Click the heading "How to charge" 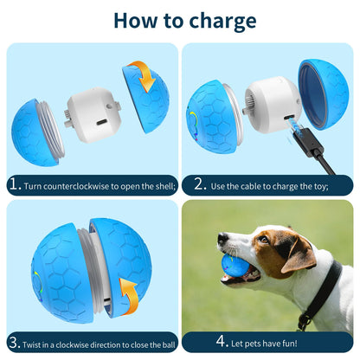pyautogui.click(x=184, y=21)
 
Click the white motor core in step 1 pyautogui.click(x=90, y=118)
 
